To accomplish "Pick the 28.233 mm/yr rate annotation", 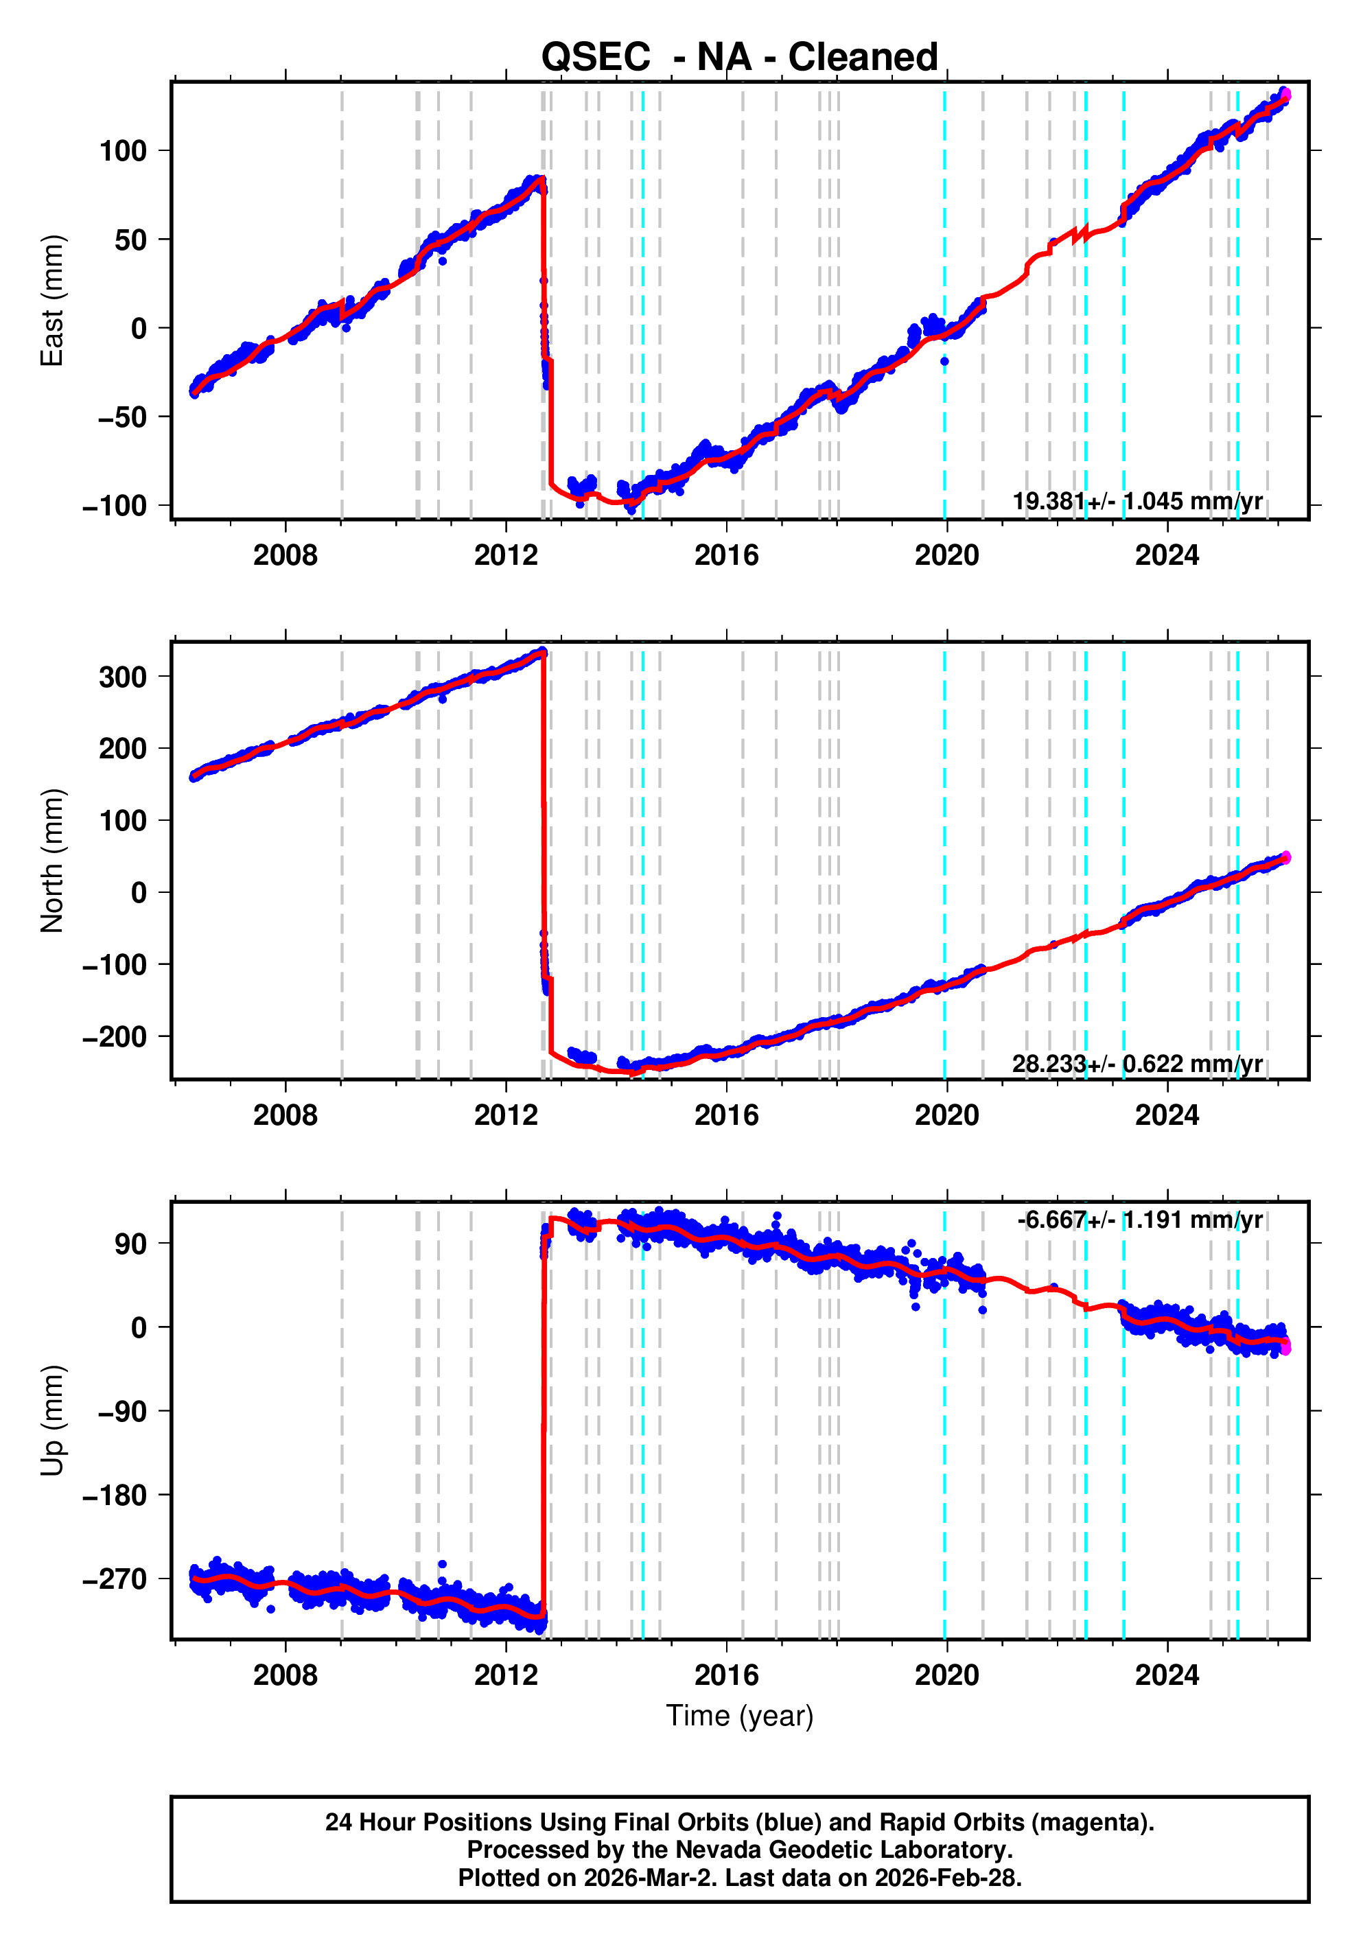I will point(1137,1063).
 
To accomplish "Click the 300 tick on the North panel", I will point(123,677).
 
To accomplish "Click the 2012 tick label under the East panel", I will point(506,556).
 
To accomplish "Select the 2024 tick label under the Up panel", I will point(1167,1675).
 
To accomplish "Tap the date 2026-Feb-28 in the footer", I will point(948,1877).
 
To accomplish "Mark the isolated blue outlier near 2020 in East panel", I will point(944,362).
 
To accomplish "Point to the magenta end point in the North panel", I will point(1286,857).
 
